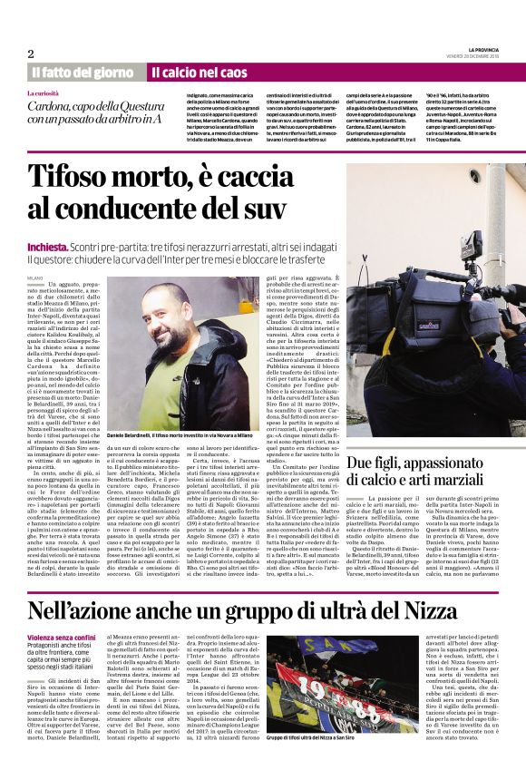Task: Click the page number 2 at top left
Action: (x=30, y=54)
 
